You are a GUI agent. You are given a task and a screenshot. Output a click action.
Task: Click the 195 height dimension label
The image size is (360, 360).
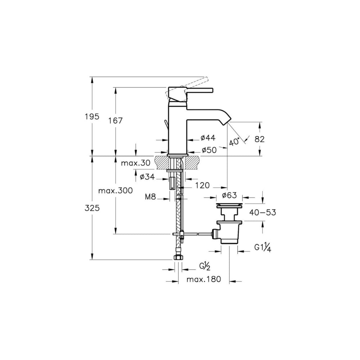pyautogui.click(x=92, y=117)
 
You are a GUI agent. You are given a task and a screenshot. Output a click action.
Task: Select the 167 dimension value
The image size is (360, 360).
pyautogui.click(x=115, y=121)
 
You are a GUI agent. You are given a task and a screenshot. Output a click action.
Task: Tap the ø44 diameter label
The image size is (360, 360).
pyautogui.click(x=208, y=138)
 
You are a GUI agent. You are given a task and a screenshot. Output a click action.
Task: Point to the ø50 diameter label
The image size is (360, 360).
pyautogui.click(x=209, y=150)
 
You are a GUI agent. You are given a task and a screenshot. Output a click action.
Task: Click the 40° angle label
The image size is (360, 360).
pyautogui.click(x=234, y=142)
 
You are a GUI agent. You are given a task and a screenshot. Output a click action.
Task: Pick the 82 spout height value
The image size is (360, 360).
pyautogui.click(x=260, y=139)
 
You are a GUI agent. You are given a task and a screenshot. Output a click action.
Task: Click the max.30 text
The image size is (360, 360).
pyautogui.click(x=136, y=163)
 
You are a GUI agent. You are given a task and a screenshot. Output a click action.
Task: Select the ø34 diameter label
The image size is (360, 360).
pyautogui.click(x=147, y=177)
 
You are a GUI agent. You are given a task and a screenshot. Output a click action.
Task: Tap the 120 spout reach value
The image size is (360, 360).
pyautogui.click(x=202, y=185)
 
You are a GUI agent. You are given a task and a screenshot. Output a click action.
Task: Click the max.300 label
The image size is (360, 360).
pyautogui.click(x=116, y=190)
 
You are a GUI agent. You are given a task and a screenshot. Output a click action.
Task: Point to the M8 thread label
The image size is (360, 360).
pyautogui.click(x=150, y=197)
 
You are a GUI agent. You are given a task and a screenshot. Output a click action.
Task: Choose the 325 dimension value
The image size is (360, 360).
pyautogui.click(x=92, y=208)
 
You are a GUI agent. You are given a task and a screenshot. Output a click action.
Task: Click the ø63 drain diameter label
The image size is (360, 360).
pyautogui.click(x=229, y=195)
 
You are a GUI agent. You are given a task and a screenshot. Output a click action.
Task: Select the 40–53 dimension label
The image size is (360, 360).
pyautogui.click(x=263, y=213)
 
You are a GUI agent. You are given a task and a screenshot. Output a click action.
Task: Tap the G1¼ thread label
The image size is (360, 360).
pyautogui.click(x=263, y=248)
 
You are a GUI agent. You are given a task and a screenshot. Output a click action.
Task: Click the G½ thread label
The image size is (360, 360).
pyautogui.click(x=205, y=267)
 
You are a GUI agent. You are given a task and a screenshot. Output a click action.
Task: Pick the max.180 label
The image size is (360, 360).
pyautogui.click(x=204, y=279)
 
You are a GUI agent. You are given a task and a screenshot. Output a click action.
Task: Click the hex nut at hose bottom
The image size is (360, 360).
pyautogui.click(x=179, y=258)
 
